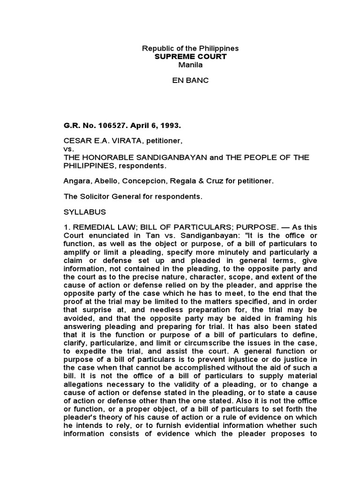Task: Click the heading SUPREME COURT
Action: tap(191, 57)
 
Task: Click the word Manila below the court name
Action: tap(191, 65)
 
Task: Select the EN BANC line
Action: tap(191, 81)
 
